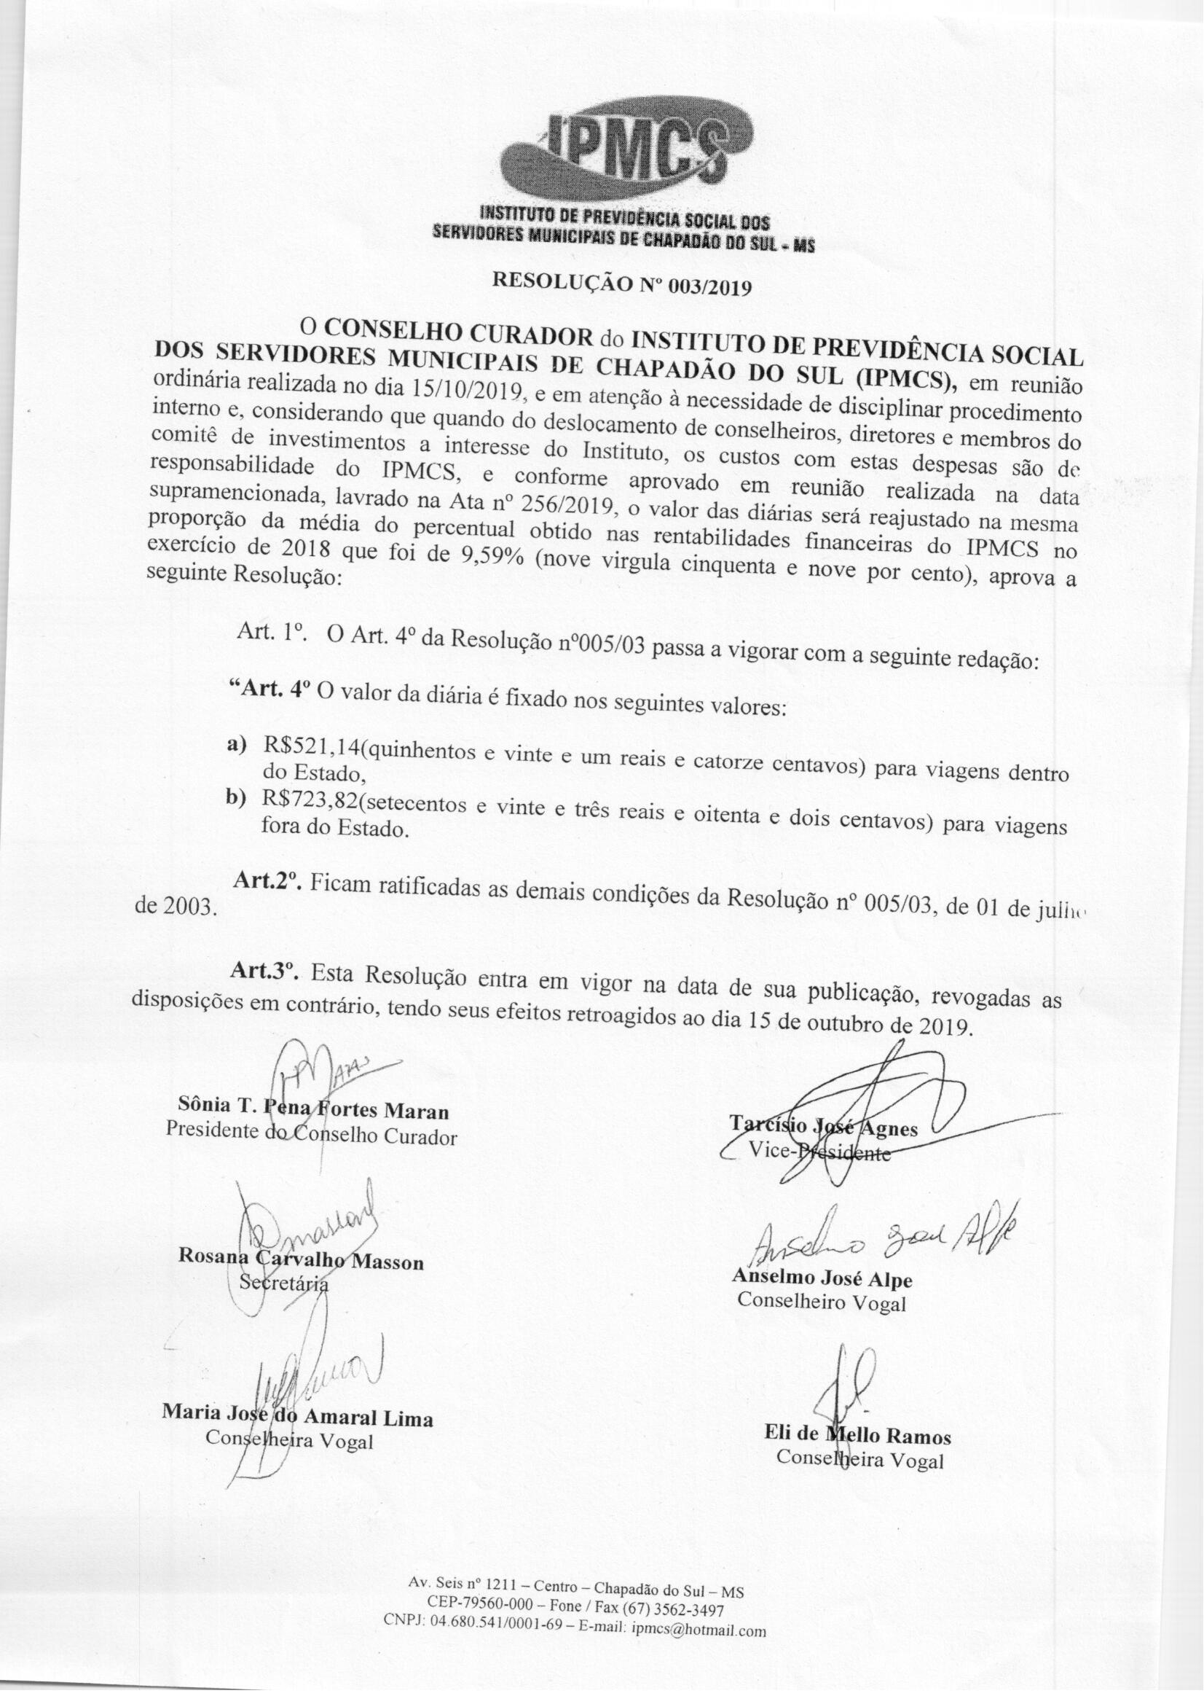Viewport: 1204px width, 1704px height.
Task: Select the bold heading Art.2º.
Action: [x=266, y=881]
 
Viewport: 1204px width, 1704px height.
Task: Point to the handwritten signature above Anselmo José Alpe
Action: [x=883, y=1235]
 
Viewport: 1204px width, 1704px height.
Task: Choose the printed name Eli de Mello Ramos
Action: [x=857, y=1436]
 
